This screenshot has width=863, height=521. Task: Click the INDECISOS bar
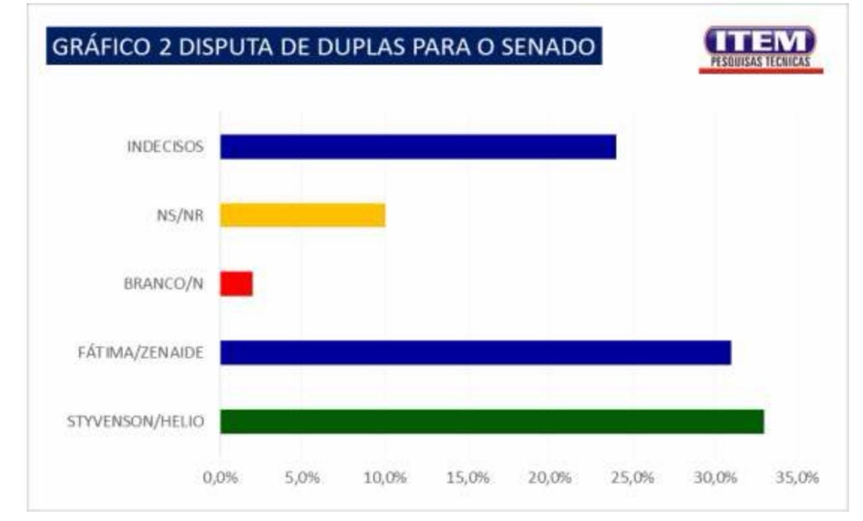pyautogui.click(x=418, y=146)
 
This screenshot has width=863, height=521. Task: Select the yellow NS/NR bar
pyautogui.click(x=303, y=215)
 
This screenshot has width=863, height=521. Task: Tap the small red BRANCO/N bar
pyautogui.click(x=237, y=283)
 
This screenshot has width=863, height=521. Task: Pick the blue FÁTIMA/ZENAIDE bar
pyautogui.click(x=475, y=352)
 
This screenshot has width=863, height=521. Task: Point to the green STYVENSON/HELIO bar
pyautogui.click(x=492, y=422)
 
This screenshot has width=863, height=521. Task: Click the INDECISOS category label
pyautogui.click(x=165, y=146)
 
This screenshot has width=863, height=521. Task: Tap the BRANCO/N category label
pyautogui.click(x=164, y=284)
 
